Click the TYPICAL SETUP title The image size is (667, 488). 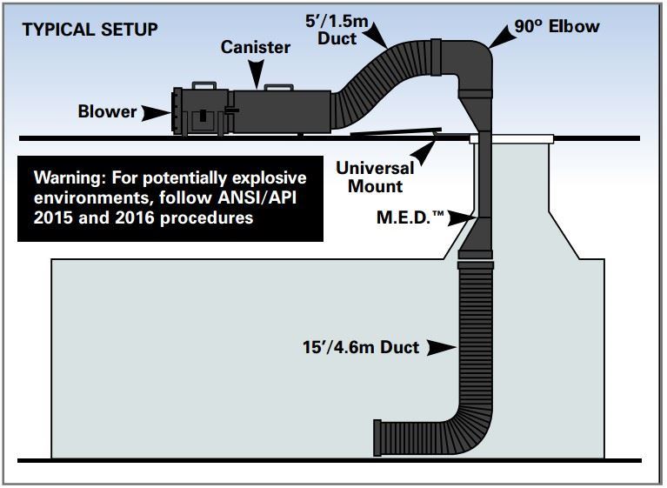[x=90, y=30]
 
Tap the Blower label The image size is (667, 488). [x=107, y=111]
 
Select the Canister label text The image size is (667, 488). [x=255, y=48]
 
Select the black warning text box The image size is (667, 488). [x=170, y=198]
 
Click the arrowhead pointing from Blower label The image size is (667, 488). [x=156, y=112]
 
